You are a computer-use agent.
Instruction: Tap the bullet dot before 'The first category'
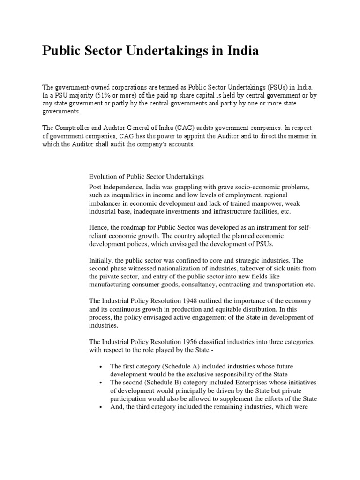[101, 366]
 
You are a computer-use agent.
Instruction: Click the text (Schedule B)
[166, 382]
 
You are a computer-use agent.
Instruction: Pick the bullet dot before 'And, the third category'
[101, 407]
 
